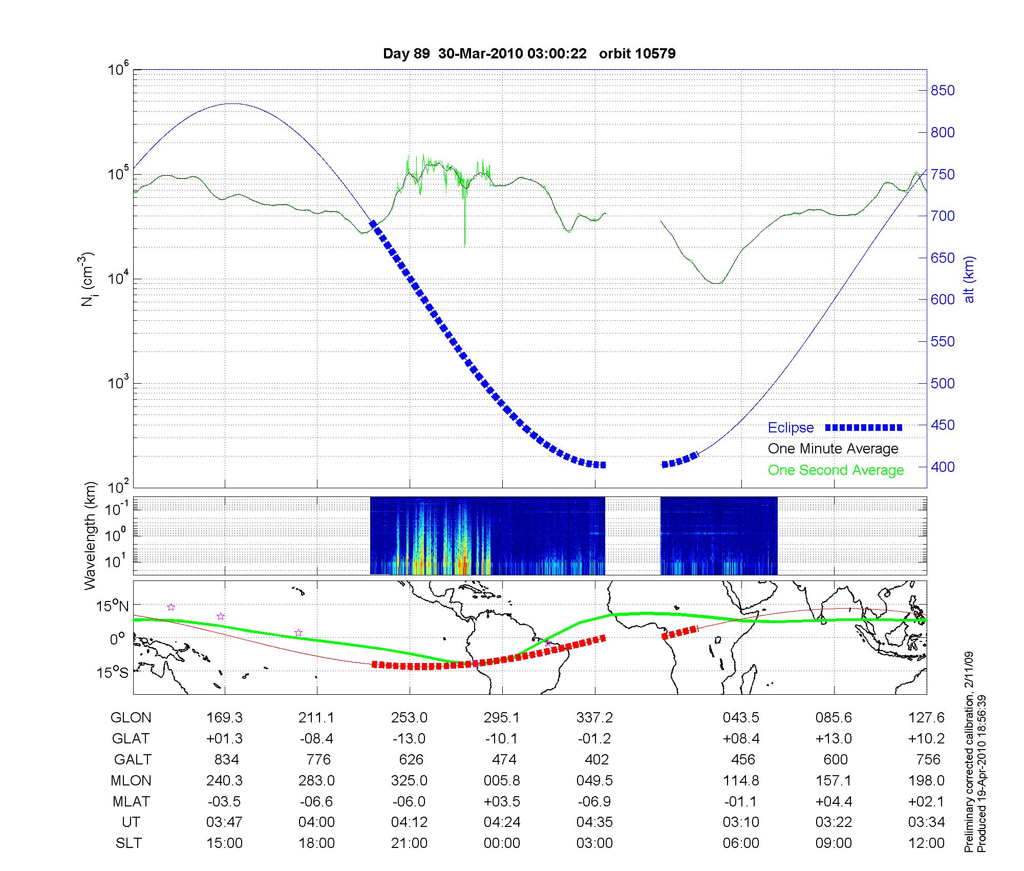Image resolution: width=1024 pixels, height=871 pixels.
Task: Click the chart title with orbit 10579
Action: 529,54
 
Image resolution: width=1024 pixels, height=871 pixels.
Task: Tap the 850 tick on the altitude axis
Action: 943,91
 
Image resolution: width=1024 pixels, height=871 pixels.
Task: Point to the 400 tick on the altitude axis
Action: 943,467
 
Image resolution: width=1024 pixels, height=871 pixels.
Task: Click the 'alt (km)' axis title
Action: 969,279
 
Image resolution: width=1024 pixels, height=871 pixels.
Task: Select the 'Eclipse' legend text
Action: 791,428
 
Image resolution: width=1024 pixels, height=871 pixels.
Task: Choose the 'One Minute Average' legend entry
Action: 833,449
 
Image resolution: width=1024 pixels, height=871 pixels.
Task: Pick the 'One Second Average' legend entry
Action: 836,470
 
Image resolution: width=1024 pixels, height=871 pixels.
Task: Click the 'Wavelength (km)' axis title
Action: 90,536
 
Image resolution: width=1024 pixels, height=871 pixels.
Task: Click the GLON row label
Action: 131,718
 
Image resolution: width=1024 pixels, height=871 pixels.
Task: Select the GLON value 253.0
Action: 409,718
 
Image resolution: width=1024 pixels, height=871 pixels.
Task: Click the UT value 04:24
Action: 502,822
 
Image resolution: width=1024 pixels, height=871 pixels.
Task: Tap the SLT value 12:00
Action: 926,843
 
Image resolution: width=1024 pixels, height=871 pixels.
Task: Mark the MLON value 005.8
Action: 502,781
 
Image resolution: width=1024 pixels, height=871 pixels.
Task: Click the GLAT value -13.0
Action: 409,739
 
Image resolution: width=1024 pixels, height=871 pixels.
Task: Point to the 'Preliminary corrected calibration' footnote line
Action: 968,753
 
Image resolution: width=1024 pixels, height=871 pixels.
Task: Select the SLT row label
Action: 129,843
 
